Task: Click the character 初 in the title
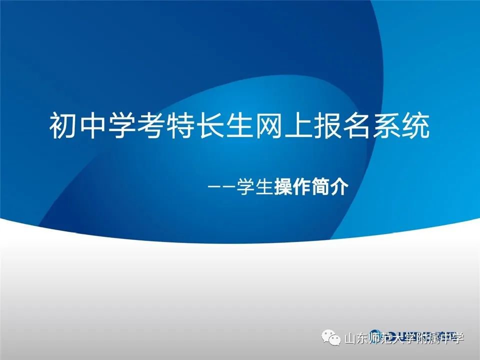tap(62, 126)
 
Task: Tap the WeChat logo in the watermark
tap(331, 337)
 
